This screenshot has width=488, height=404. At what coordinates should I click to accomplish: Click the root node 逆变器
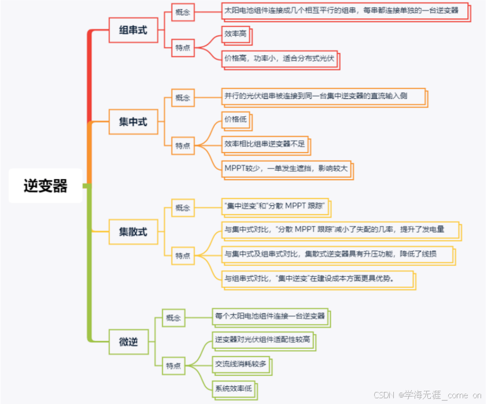point(46,186)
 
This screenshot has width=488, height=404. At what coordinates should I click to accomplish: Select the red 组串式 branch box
point(133,30)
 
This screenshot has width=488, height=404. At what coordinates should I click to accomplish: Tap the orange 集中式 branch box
point(133,122)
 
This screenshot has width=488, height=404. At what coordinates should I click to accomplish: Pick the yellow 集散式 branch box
point(133,232)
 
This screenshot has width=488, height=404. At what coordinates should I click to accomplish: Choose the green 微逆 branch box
point(128,342)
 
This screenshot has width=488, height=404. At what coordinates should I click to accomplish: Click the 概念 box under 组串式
point(183,11)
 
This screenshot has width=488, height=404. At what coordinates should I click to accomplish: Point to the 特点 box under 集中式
point(183,146)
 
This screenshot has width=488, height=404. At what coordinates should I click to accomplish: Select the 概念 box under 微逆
point(173,318)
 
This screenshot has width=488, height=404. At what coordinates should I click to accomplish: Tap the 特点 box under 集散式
point(183,255)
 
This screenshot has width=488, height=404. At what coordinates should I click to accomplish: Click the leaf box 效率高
point(235,34)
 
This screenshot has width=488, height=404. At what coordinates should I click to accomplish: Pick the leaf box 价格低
point(235,120)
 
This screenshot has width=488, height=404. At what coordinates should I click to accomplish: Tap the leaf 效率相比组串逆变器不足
point(264,144)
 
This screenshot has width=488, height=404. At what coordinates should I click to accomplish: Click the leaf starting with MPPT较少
point(286,168)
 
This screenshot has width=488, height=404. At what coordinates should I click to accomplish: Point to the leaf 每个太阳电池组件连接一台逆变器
point(269,316)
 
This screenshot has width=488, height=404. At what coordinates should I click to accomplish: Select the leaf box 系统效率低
point(233,388)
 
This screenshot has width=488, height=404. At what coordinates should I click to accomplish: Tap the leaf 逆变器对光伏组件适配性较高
point(263,339)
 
